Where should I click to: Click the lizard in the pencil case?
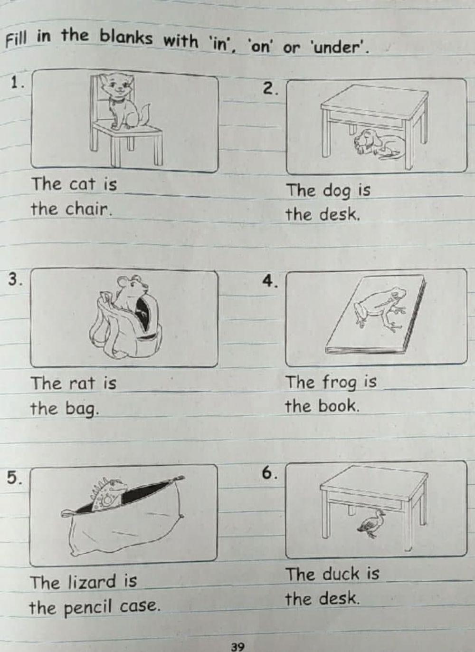pyautogui.click(x=109, y=494)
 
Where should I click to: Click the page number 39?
pyautogui.click(x=237, y=646)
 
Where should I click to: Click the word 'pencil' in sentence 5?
pyautogui.click(x=89, y=607)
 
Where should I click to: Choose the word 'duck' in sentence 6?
pyautogui.click(x=341, y=574)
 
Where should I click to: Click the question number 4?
pyautogui.click(x=269, y=281)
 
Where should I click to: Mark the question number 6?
pyautogui.click(x=269, y=473)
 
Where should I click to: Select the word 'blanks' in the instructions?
pyautogui.click(x=126, y=37)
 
